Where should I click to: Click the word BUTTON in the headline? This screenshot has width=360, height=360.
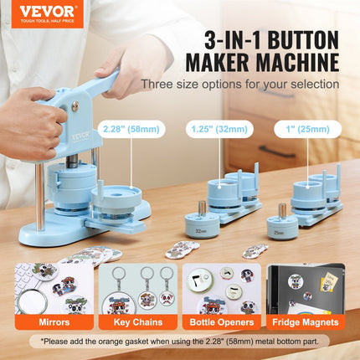[x=294, y=39]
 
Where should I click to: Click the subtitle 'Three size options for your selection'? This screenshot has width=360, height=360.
[x=239, y=84]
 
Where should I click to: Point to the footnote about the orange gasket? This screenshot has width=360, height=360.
[x=180, y=342]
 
